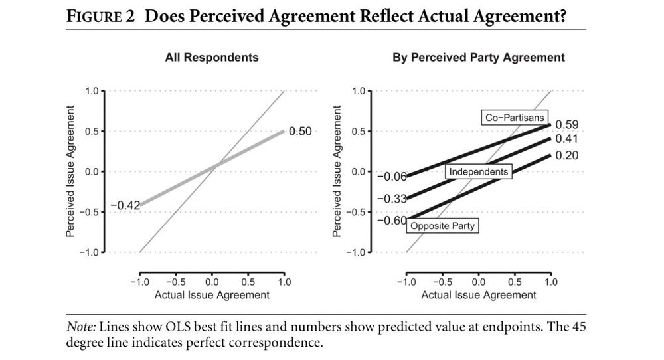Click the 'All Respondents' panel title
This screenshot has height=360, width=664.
(211, 58)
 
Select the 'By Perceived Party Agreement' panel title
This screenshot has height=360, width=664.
(479, 58)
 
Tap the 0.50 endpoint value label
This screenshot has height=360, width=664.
(299, 131)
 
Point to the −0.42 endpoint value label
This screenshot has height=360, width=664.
(125, 205)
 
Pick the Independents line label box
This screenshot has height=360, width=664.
(478, 172)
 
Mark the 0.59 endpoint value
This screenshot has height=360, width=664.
(566, 124)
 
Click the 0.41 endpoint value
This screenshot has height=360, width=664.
(566, 139)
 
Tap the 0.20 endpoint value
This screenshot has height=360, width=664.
(566, 155)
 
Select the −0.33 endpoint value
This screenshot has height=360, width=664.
(391, 199)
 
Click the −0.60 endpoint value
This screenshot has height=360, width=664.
(391, 220)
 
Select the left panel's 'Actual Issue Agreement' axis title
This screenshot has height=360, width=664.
(212, 294)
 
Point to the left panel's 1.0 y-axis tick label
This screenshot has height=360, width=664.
(91, 90)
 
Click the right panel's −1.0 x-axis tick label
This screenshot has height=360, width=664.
(404, 282)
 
